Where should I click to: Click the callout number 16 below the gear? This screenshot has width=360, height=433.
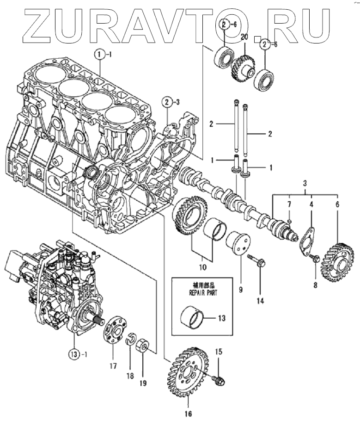[188, 413]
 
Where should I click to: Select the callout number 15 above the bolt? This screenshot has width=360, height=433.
[219, 352]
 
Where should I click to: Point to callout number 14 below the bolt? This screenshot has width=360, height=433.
[260, 301]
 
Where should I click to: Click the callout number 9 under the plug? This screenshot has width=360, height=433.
[240, 290]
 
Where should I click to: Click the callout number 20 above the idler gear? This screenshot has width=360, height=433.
[244, 37]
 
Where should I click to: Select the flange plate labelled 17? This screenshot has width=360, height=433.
[112, 331]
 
